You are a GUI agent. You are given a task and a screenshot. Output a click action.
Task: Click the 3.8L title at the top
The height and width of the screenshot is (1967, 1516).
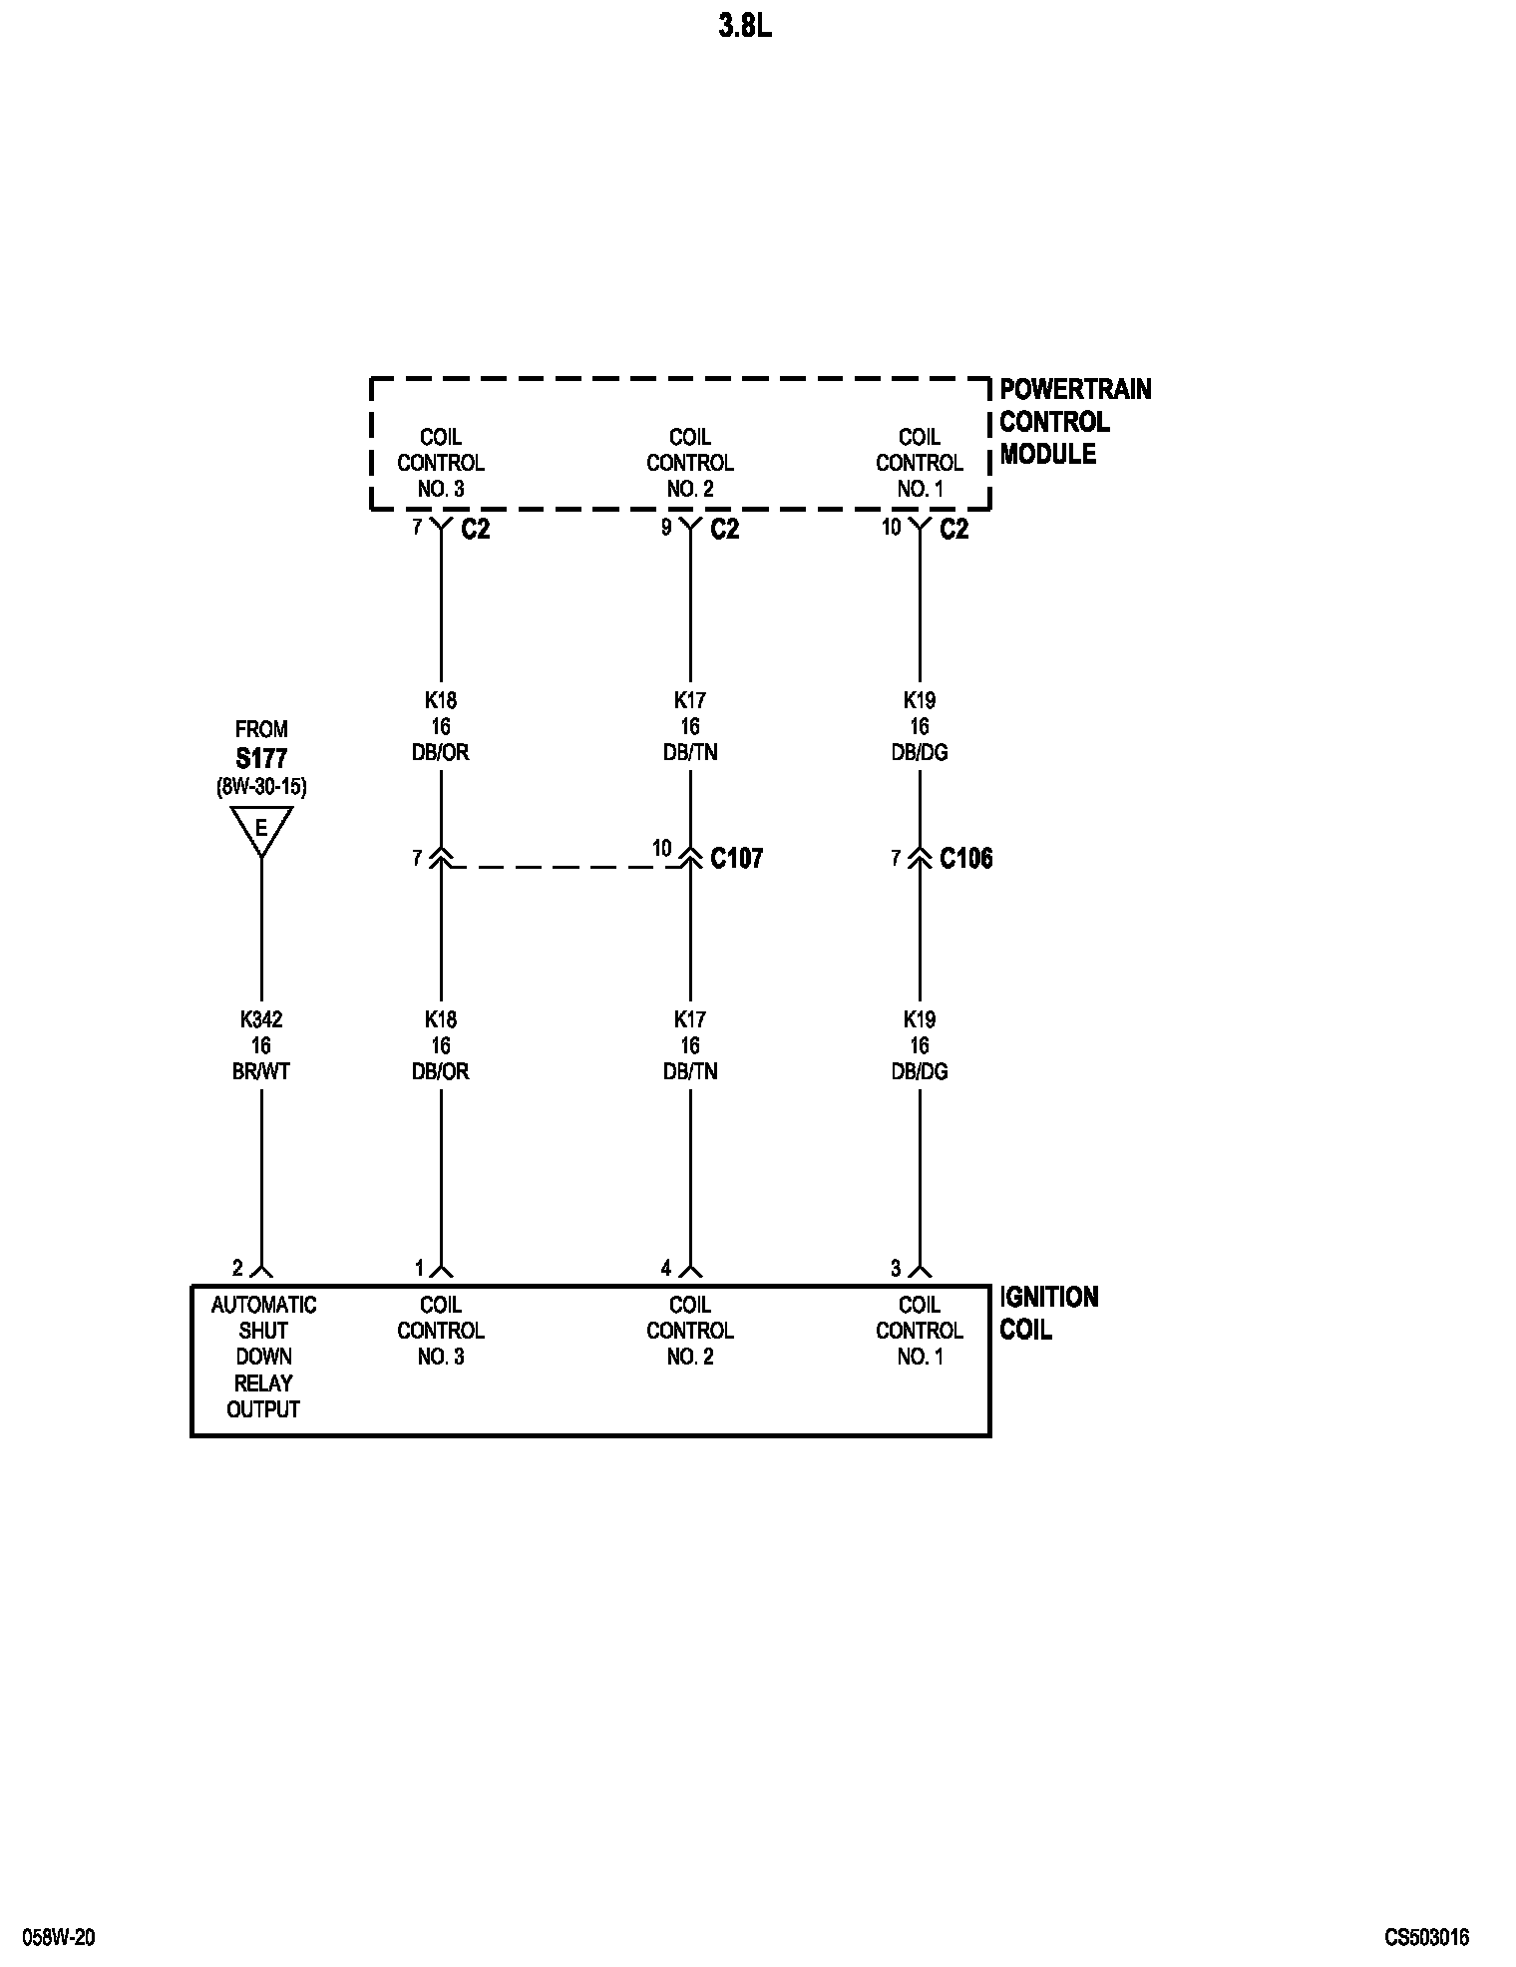point(744,28)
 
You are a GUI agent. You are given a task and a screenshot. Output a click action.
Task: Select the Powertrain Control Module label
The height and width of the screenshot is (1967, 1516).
point(1074,421)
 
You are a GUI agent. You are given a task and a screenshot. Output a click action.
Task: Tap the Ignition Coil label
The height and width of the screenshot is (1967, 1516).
point(1048,1314)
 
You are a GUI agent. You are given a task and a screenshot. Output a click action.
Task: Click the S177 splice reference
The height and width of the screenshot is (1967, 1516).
point(261,758)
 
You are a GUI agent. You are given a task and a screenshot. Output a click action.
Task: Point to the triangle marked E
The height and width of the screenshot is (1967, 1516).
point(261,828)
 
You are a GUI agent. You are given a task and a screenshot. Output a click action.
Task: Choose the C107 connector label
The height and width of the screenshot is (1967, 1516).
point(736,858)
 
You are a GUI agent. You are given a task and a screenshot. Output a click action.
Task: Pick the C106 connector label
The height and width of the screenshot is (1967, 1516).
point(965,858)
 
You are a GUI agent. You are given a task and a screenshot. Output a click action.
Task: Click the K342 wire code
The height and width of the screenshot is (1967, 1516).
point(261,1019)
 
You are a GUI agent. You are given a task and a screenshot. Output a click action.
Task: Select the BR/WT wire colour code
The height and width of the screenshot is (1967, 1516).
point(261,1071)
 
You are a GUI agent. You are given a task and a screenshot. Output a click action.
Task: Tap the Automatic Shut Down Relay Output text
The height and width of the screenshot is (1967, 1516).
point(263,1357)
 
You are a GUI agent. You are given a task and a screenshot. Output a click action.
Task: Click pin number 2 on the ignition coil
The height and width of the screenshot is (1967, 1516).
point(237,1268)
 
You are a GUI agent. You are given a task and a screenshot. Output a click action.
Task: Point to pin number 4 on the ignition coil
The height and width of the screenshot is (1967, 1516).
point(666,1268)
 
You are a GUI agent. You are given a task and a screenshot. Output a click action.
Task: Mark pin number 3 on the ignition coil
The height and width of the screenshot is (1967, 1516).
point(896,1268)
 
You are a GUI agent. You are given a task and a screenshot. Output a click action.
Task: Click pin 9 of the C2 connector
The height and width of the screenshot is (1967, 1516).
point(666,527)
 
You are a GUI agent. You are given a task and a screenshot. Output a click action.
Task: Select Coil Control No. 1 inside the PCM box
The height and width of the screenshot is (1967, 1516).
point(919,463)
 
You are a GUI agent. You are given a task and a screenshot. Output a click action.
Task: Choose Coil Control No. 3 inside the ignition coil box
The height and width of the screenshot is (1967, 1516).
point(440,1331)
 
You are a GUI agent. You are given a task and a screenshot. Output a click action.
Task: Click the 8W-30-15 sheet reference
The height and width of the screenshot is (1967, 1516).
point(261,787)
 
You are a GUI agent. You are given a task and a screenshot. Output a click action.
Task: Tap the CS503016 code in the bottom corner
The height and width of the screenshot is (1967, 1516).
point(1426,1938)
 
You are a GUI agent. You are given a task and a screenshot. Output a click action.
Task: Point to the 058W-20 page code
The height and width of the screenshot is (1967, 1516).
point(59,1938)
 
